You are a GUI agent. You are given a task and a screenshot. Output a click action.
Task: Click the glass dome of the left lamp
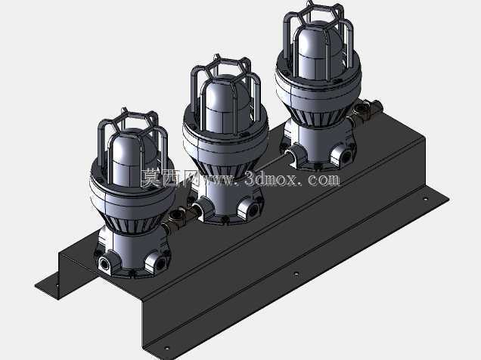(132, 157)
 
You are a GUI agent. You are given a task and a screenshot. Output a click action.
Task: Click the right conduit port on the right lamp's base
(345, 156)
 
